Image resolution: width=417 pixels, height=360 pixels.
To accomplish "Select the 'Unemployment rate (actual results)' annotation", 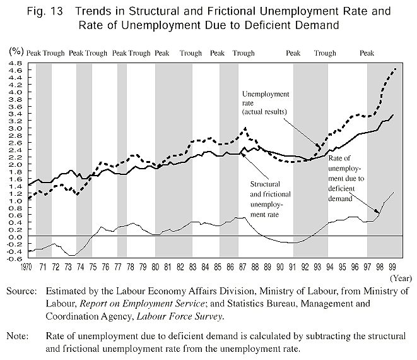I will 266,103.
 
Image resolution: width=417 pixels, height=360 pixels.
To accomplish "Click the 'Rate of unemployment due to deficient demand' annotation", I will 346,179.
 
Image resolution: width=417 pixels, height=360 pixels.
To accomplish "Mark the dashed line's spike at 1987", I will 245,129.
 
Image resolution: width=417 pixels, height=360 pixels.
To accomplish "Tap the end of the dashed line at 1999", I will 396,68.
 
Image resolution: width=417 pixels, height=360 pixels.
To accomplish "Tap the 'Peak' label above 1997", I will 367,53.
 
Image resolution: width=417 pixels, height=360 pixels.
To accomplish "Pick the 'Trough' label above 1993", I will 325,53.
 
